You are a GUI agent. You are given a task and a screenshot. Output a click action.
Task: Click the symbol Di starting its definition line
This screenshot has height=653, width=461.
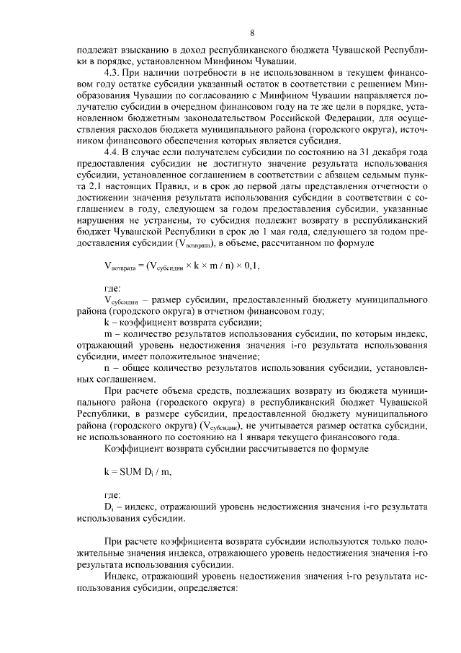[108, 507]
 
